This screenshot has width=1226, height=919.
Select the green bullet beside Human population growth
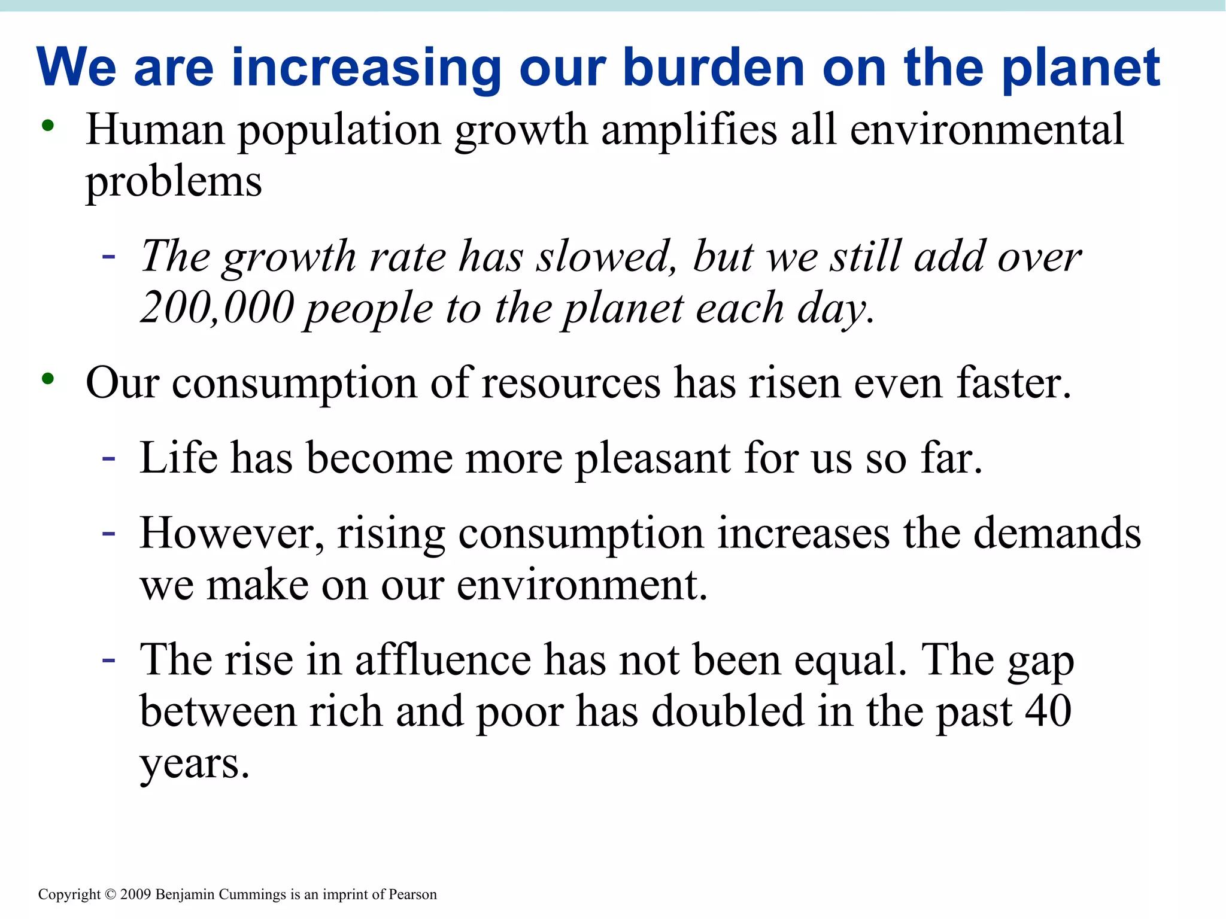point(48,126)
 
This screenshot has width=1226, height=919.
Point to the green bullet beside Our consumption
point(48,379)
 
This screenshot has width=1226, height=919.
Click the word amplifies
point(688,130)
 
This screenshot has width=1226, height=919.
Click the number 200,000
point(217,308)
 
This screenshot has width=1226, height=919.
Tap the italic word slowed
point(606,257)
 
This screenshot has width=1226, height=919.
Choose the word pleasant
point(653,458)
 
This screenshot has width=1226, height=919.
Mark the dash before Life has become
point(108,458)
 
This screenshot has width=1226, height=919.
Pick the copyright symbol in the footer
point(110,894)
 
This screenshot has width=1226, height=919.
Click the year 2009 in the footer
point(136,894)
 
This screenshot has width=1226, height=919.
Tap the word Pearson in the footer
point(412,894)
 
